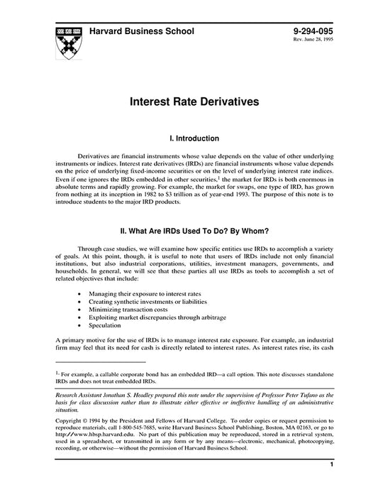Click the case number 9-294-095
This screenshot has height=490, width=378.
click(x=313, y=33)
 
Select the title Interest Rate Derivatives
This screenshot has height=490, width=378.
click(x=189, y=102)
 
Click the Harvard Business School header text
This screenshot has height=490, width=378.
click(x=142, y=33)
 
